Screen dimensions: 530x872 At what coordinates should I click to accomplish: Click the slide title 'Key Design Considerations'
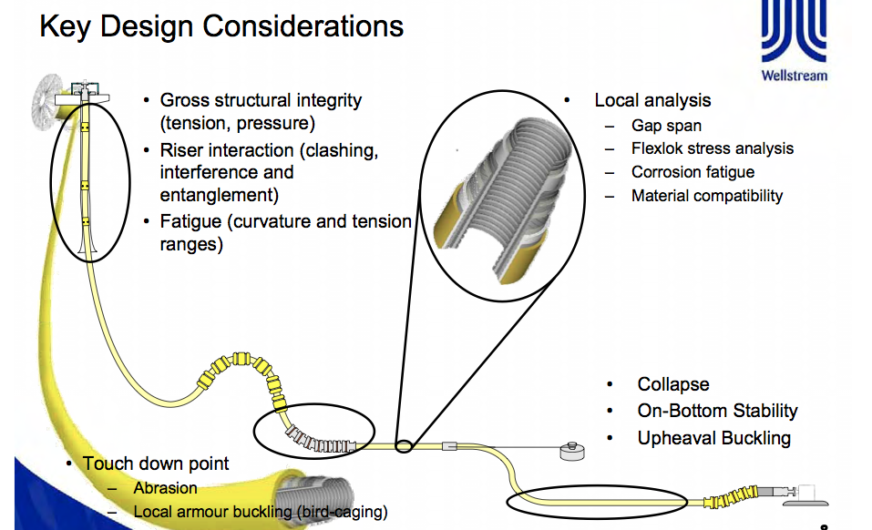click(x=221, y=25)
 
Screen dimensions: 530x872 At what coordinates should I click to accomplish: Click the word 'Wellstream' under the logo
click(x=795, y=76)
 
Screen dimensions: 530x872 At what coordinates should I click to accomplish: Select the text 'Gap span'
click(x=666, y=126)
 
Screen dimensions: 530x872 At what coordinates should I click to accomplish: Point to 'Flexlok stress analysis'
click(x=712, y=148)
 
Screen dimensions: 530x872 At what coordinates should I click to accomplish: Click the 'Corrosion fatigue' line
click(x=692, y=172)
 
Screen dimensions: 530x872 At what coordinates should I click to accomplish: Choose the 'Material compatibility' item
click(x=706, y=196)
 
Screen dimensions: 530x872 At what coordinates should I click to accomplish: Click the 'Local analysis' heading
click(x=652, y=100)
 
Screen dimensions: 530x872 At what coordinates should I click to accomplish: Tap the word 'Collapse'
click(x=672, y=384)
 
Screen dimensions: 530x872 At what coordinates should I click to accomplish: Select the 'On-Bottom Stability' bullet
click(x=717, y=411)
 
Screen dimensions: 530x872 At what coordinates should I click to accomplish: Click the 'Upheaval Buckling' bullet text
click(x=713, y=438)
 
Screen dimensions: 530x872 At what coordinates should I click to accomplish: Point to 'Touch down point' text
click(x=156, y=464)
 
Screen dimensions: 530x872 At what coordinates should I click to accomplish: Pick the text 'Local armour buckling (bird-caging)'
click(x=260, y=512)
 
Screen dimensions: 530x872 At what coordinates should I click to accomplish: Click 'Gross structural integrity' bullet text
click(x=261, y=100)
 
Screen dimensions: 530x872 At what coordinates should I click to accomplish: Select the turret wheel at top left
click(x=46, y=101)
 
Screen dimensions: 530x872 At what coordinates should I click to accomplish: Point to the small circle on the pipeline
click(x=405, y=446)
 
